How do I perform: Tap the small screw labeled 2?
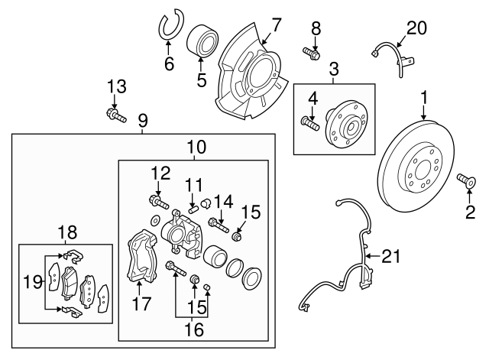(x=467, y=181)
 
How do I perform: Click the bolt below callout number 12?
(x=158, y=203)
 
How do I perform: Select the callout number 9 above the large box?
(x=142, y=120)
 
